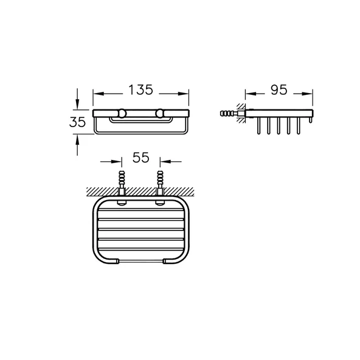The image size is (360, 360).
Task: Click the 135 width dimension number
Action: pos(140,90)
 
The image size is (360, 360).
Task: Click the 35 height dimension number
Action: pos(77,122)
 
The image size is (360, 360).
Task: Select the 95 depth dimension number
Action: pos(279,90)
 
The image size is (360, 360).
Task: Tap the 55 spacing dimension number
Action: pos(140,157)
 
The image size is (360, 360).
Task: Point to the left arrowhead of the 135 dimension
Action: pos(98,94)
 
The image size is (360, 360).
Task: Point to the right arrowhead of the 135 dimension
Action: pos(184,94)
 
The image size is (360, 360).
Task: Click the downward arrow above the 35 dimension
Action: pos(77,99)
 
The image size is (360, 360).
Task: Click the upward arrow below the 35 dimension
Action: pos(77,145)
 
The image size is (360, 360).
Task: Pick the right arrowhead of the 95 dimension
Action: pos(308,94)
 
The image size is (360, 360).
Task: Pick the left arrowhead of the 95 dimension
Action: pos(251,94)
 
